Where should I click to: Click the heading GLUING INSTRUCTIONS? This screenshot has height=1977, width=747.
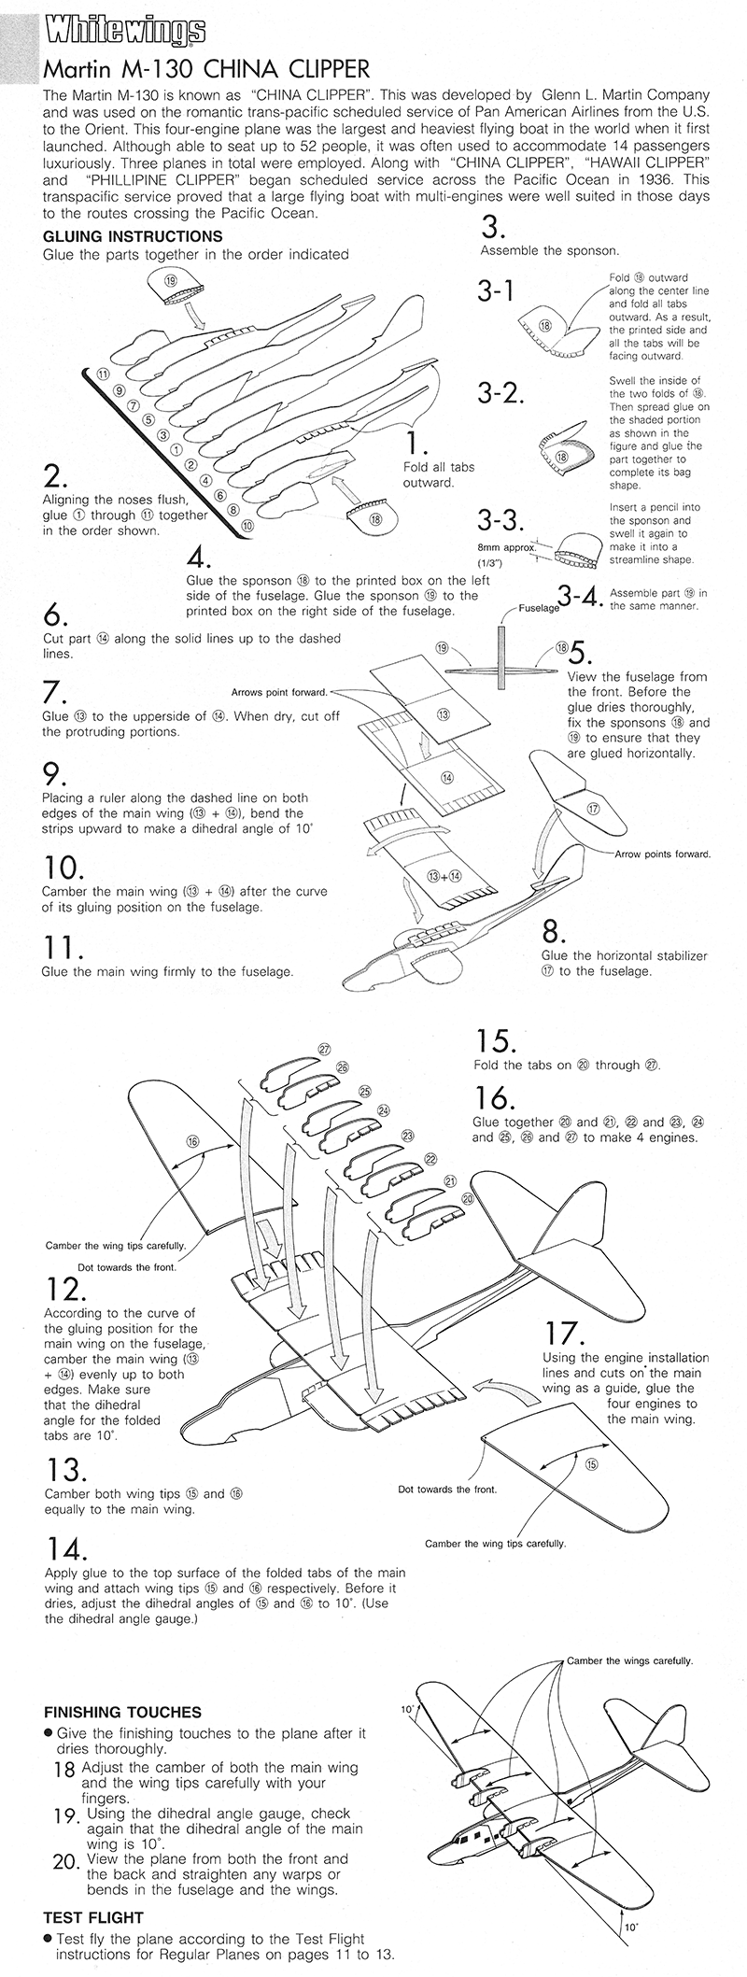pos(133,236)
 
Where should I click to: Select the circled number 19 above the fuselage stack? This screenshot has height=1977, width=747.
pos(171,279)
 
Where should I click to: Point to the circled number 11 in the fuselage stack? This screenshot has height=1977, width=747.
pos(104,374)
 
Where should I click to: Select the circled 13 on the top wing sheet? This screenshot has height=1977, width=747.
pos(444,714)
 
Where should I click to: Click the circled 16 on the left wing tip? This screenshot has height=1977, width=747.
pos(192,1142)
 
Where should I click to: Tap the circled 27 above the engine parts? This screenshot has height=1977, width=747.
pos(324,1050)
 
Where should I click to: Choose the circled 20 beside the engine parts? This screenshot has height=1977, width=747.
pos(469,1197)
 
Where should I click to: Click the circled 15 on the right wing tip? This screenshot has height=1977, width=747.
pos(591,1464)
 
